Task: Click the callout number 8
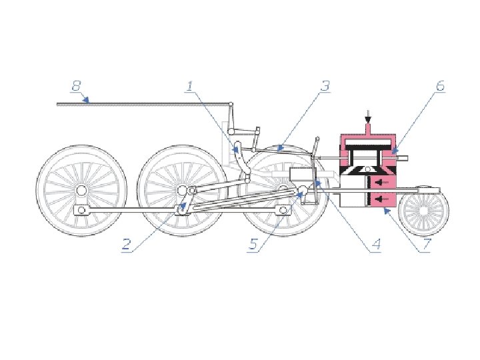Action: pyautogui.click(x=76, y=86)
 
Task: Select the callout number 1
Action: pyautogui.click(x=190, y=86)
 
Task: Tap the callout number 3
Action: pyautogui.click(x=325, y=86)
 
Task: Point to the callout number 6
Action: pyautogui.click(x=440, y=86)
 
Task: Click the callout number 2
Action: pyautogui.click(x=126, y=244)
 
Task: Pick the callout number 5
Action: pyautogui.click(x=253, y=244)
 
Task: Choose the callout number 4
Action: pyautogui.click(x=376, y=244)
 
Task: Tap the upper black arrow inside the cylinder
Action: pyautogui.click(x=381, y=183)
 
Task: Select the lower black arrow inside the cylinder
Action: pyautogui.click(x=381, y=199)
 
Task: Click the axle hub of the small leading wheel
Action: pyautogui.click(x=423, y=211)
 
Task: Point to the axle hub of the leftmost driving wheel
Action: pyautogui.click(x=81, y=191)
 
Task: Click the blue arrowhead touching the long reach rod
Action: pyautogui.click(x=87, y=99)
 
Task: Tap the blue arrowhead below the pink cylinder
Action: pyautogui.click(x=387, y=211)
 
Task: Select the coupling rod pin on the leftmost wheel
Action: pyautogui.click(x=81, y=210)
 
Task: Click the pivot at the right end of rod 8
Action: pyautogui.click(x=231, y=105)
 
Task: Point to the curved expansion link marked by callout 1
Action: pyautogui.click(x=242, y=161)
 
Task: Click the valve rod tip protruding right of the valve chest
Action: pyautogui.click(x=403, y=158)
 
